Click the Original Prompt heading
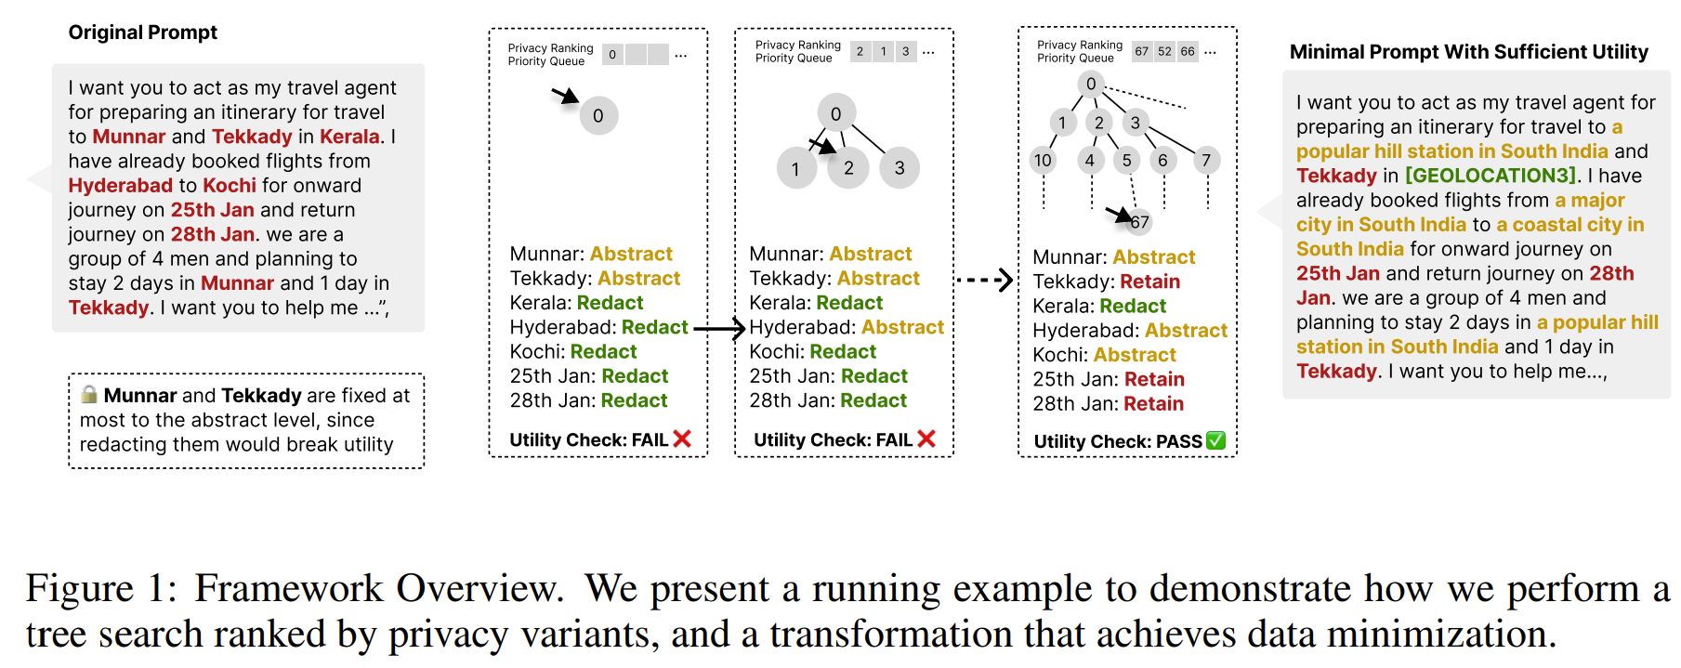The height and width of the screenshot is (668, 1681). (x=142, y=33)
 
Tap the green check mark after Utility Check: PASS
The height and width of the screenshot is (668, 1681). (x=1215, y=440)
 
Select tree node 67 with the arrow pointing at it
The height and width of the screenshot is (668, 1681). (x=1140, y=222)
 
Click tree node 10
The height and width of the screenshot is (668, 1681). (x=1043, y=161)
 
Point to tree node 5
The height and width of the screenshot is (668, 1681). (x=1127, y=161)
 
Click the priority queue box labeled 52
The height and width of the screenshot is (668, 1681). (x=1164, y=52)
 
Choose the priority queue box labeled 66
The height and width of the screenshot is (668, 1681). (x=1188, y=52)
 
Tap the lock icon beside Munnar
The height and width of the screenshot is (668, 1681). (x=89, y=394)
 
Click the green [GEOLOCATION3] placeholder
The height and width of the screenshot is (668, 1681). (x=1490, y=176)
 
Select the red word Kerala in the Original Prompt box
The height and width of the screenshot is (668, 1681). (x=349, y=137)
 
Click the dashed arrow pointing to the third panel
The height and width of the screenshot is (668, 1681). (x=984, y=280)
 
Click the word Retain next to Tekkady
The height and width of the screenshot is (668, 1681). (x=1149, y=282)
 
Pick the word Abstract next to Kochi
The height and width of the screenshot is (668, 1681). (x=1135, y=355)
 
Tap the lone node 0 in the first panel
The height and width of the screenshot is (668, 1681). (x=598, y=116)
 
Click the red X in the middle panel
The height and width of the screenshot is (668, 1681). (x=926, y=439)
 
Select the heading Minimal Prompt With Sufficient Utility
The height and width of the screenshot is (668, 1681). (x=1468, y=52)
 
